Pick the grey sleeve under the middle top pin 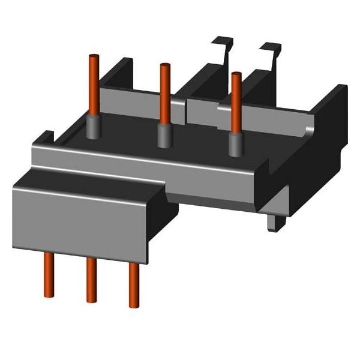click(x=163, y=134)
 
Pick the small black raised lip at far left click(x=44, y=139)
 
